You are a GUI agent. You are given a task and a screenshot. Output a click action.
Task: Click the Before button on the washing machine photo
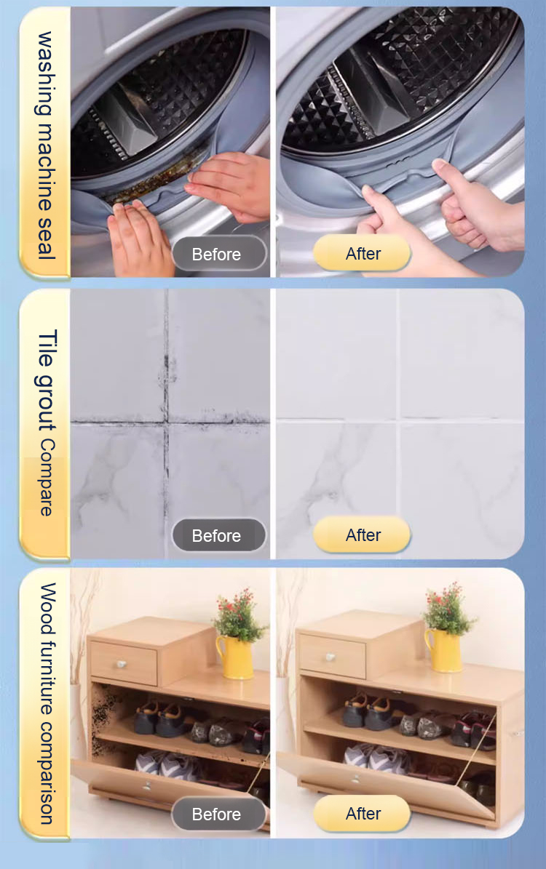pyautogui.click(x=218, y=255)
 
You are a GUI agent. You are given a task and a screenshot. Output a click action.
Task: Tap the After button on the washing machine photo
pyautogui.click(x=362, y=253)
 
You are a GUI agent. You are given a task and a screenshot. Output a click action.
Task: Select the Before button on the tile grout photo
pyautogui.click(x=218, y=535)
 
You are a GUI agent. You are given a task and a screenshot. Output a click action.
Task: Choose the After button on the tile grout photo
pyautogui.click(x=362, y=534)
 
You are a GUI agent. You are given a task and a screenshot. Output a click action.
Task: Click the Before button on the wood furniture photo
pyautogui.click(x=218, y=814)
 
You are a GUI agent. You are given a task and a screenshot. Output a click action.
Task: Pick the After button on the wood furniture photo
pyautogui.click(x=362, y=814)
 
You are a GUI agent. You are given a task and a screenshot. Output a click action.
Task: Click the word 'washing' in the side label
pyautogui.click(x=45, y=73)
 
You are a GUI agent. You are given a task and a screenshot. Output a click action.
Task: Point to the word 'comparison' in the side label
pyautogui.click(x=47, y=772)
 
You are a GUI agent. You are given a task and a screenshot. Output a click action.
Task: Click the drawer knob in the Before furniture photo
pyautogui.click(x=122, y=664)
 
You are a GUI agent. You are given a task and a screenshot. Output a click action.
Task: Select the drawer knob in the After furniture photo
pyautogui.click(x=331, y=657)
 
